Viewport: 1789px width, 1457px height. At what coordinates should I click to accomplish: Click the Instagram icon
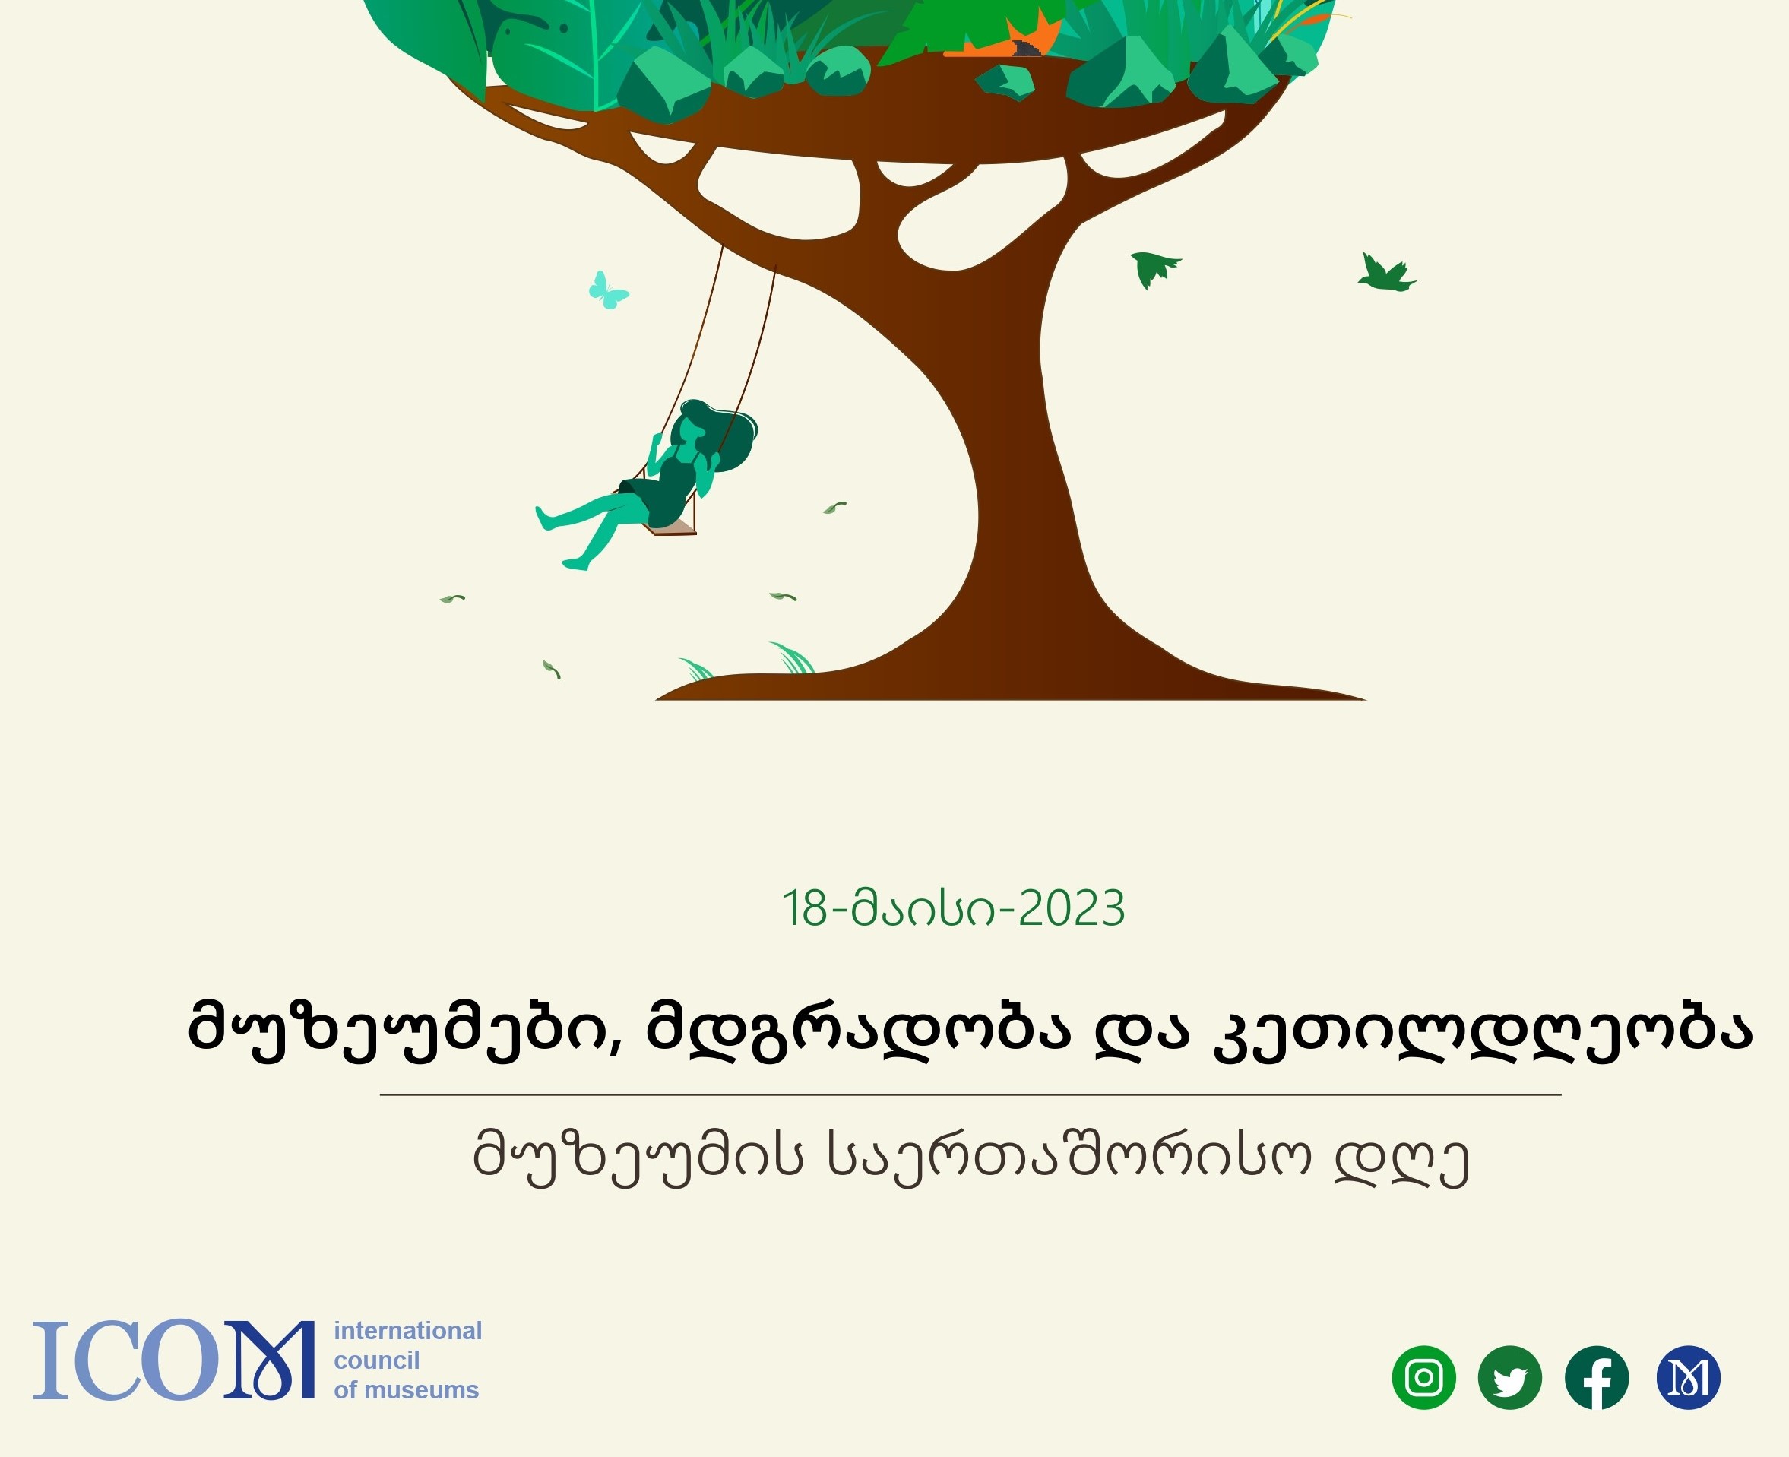(x=1424, y=1377)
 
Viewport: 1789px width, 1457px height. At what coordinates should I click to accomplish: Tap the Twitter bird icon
(x=1509, y=1377)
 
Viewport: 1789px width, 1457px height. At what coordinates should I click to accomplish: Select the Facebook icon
(x=1597, y=1377)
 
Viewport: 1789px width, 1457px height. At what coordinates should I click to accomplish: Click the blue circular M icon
(x=1689, y=1377)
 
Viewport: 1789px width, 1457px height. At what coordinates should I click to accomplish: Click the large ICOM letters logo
(x=174, y=1360)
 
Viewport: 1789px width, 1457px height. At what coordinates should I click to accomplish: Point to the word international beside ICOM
(x=408, y=1330)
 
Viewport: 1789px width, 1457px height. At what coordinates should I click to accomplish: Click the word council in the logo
(x=377, y=1360)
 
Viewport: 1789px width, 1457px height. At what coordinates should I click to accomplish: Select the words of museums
(x=406, y=1390)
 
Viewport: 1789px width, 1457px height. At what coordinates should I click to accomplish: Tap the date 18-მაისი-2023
(x=953, y=908)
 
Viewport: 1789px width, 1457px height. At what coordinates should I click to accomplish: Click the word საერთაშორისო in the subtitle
(x=1069, y=1158)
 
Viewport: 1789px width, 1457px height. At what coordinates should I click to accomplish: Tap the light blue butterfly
(x=607, y=290)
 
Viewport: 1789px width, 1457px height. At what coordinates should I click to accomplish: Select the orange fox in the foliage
(x=1007, y=38)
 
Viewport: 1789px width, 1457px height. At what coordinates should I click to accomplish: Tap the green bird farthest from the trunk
(x=1386, y=274)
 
